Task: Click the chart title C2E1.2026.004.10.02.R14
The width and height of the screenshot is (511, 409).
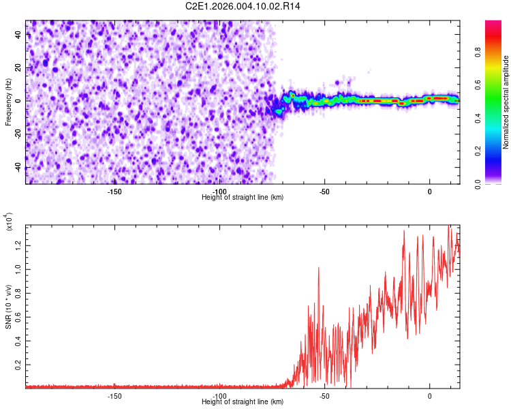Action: click(243, 6)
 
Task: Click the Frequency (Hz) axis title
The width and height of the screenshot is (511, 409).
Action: click(9, 102)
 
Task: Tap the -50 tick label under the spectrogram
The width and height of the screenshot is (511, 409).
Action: click(324, 191)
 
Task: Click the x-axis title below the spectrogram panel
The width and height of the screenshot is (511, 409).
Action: click(243, 198)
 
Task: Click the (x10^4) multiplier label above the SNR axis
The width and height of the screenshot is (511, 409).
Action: click(9, 222)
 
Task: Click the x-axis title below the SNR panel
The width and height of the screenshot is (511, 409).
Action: click(243, 402)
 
